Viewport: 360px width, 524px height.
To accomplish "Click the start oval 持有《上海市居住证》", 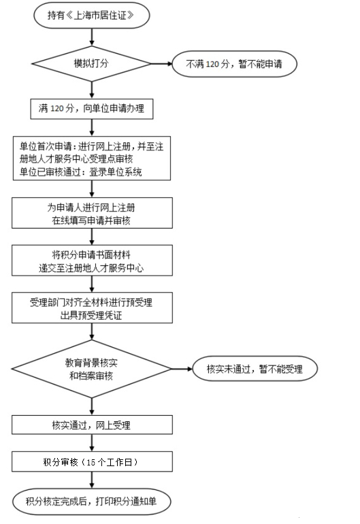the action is point(92,16).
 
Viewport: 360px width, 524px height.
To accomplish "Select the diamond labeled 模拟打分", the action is point(92,63).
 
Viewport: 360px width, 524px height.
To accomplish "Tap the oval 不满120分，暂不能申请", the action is point(234,64).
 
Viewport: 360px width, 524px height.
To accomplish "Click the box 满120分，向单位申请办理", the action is point(92,109).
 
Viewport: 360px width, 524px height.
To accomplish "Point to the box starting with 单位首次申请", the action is point(92,158).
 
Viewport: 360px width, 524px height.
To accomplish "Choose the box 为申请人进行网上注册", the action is point(92,213).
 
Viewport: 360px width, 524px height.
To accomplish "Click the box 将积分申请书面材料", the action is point(92,261).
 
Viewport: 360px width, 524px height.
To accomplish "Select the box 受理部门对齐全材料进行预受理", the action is point(92,308).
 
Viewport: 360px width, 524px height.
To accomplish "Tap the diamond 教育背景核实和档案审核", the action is point(92,369).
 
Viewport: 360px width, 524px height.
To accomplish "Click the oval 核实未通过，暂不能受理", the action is point(255,369).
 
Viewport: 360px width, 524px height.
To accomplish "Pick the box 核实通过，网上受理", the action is point(92,425).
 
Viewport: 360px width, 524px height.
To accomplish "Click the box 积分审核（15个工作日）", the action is point(92,461).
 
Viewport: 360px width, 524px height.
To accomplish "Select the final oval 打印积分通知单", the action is point(92,502).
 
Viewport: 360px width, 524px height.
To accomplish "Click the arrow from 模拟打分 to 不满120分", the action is point(162,63).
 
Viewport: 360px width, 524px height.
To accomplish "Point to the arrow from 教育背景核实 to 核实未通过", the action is point(182,369).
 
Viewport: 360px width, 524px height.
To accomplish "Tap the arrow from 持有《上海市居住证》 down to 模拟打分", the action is point(92,37).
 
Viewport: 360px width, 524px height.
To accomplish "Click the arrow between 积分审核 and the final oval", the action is point(92,480).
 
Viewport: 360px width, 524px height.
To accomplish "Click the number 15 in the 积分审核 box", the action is point(91,462).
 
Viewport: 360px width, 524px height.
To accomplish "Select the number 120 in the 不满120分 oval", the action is point(212,64).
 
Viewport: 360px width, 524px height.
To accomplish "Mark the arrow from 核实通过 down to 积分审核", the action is point(92,443).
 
